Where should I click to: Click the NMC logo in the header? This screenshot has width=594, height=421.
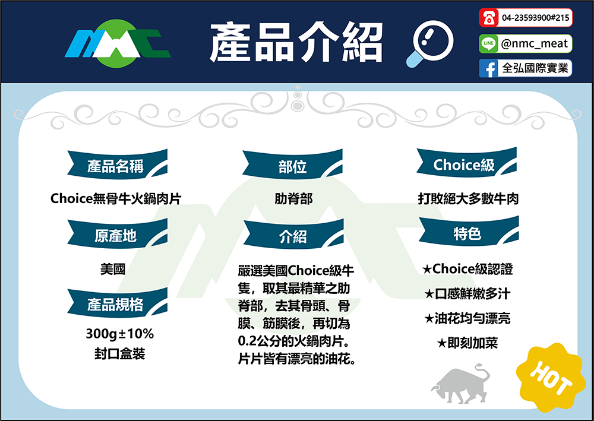(118, 43)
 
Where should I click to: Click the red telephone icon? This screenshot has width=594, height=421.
(489, 18)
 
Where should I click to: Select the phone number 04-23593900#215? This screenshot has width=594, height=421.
(535, 18)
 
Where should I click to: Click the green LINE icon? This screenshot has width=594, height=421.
(488, 43)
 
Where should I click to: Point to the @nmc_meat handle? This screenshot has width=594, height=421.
(534, 43)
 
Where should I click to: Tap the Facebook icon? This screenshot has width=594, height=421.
(489, 68)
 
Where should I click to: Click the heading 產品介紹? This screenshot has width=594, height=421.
(296, 42)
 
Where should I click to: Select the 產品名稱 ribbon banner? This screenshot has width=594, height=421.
(118, 164)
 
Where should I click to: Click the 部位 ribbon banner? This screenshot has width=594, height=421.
(292, 164)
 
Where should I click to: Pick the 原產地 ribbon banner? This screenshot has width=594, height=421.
(118, 235)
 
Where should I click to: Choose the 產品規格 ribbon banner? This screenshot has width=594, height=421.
(118, 303)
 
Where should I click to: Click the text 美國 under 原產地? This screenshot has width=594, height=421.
(113, 269)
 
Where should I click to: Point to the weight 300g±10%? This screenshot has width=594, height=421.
(120, 334)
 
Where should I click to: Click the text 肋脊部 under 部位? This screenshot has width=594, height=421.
(293, 198)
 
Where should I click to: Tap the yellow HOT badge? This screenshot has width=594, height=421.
(549, 377)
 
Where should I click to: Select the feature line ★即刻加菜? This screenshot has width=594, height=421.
(467, 343)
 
